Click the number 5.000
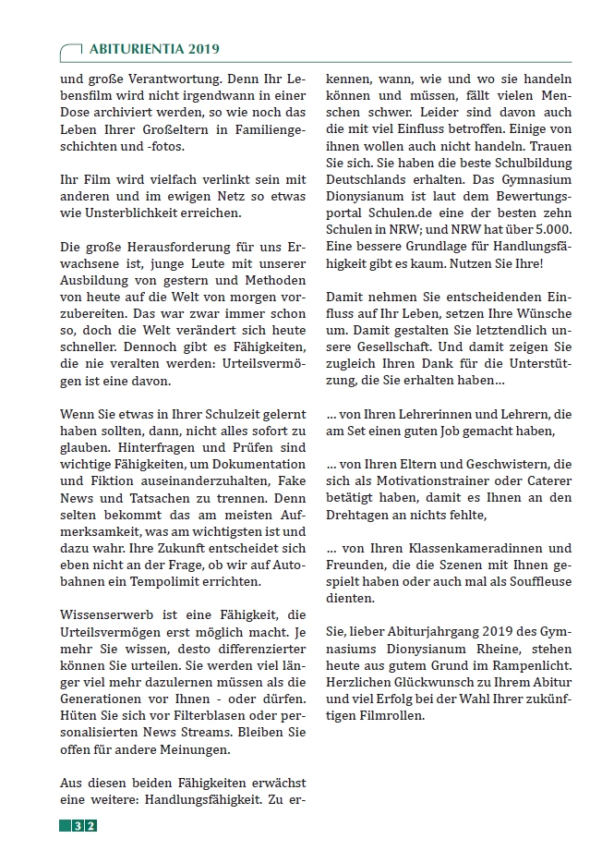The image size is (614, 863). [x=549, y=229]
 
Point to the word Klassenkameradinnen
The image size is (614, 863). [x=468, y=548]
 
